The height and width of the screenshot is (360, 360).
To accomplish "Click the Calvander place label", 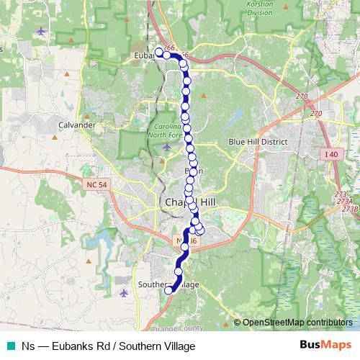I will [x=76, y=125].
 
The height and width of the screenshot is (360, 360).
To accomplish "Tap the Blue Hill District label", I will [x=258, y=143].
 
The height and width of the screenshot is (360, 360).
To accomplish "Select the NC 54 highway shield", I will [x=95, y=185].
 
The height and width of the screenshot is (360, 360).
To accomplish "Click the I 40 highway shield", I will [x=331, y=155].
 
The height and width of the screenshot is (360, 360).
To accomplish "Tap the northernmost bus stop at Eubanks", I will [x=158, y=52].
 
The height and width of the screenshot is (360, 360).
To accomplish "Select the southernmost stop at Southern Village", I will [x=170, y=290].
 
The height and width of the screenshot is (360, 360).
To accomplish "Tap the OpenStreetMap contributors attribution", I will [x=297, y=322].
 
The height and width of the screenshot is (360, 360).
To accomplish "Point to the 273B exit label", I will [x=350, y=209].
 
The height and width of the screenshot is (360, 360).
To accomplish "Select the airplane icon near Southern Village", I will [x=124, y=293].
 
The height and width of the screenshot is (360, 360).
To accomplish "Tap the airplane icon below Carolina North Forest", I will [x=167, y=148].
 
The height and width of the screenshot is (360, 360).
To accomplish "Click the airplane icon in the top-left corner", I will [x=40, y=32].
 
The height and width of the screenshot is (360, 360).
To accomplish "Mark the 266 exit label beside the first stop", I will [x=169, y=48].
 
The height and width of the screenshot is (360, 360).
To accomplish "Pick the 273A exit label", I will [x=343, y=202].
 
